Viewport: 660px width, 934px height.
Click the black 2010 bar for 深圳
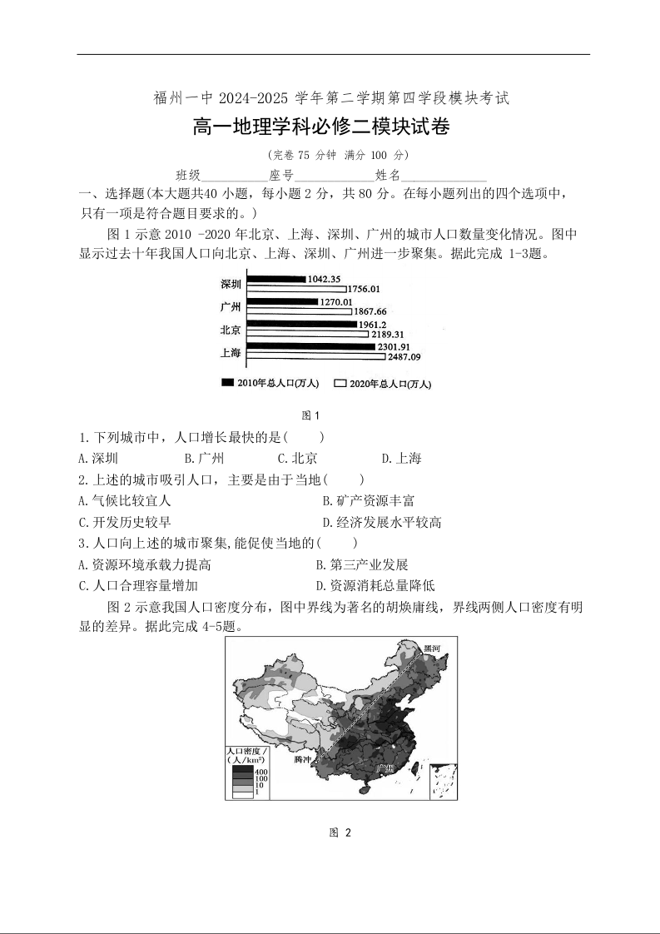277,279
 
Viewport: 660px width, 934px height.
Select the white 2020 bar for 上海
316,357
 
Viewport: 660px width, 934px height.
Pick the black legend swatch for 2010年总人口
226,383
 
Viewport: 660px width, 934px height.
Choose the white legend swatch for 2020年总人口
340,383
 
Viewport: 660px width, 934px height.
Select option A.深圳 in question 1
98,458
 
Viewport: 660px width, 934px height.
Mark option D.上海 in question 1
401,458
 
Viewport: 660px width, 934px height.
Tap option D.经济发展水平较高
381,522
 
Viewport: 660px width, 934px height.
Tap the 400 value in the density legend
261,772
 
